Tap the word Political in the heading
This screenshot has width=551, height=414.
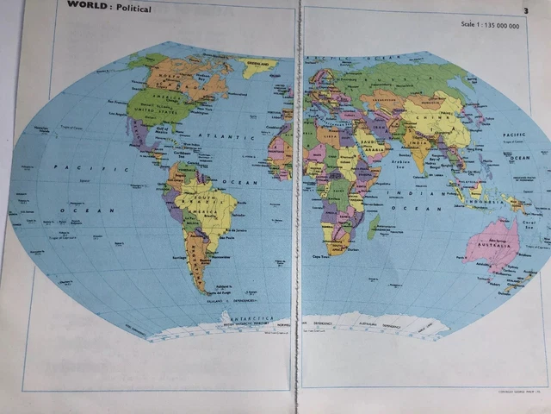point(132,9)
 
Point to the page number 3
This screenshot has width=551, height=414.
point(524,10)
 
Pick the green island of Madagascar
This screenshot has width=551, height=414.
point(373,226)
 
